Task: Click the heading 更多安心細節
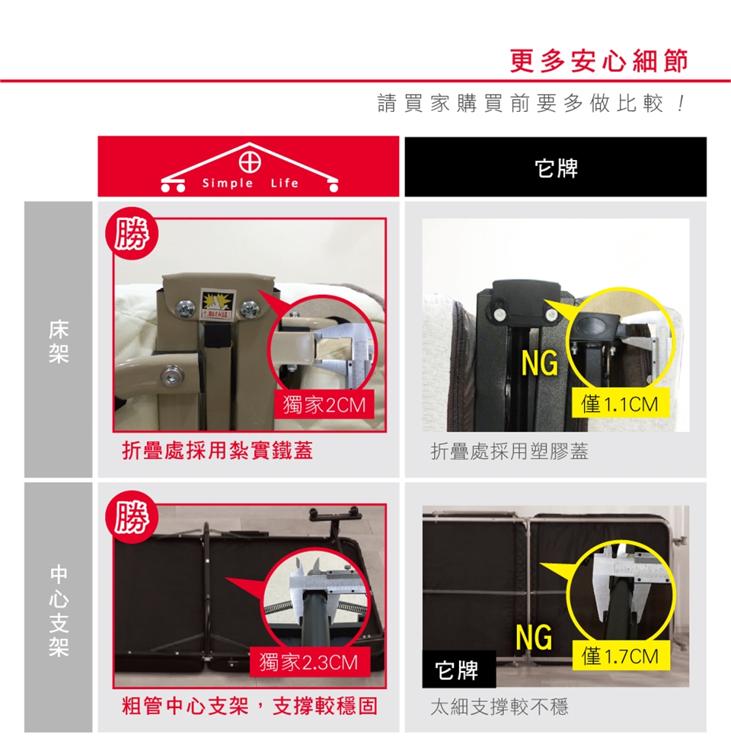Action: tap(599, 60)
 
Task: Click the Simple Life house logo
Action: tap(249, 167)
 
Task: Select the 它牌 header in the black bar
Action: tap(556, 168)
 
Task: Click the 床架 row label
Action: tap(59, 341)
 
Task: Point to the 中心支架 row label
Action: tap(59, 610)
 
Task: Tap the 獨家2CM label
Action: tap(324, 404)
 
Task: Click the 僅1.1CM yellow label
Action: tap(620, 404)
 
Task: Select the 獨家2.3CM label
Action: tap(309, 662)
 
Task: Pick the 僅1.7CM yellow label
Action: tap(621, 656)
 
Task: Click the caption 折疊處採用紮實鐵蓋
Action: tap(217, 450)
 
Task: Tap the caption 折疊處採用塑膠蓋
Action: tap(509, 452)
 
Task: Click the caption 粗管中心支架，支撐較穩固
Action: tap(250, 706)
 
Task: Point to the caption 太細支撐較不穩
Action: tap(500, 707)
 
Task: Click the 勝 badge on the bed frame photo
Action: tap(132, 233)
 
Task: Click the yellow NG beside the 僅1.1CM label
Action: tap(539, 364)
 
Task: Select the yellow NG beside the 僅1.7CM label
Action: tap(535, 637)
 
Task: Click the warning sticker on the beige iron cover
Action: tap(217, 303)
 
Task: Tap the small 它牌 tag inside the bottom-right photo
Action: tap(458, 669)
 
